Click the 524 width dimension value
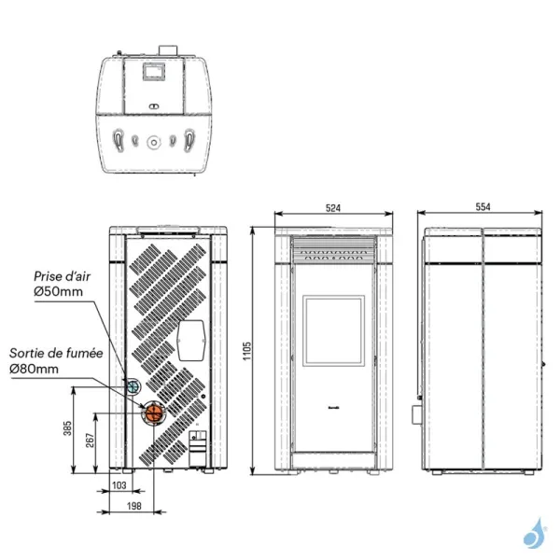(x=332, y=207)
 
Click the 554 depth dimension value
(x=482, y=207)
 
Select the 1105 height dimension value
(x=246, y=350)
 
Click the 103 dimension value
(x=119, y=486)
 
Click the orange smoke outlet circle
(x=152, y=413)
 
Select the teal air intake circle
(x=133, y=386)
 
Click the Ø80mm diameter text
(x=35, y=370)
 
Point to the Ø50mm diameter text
(x=58, y=292)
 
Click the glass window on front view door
(x=332, y=331)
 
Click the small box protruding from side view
(x=419, y=411)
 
